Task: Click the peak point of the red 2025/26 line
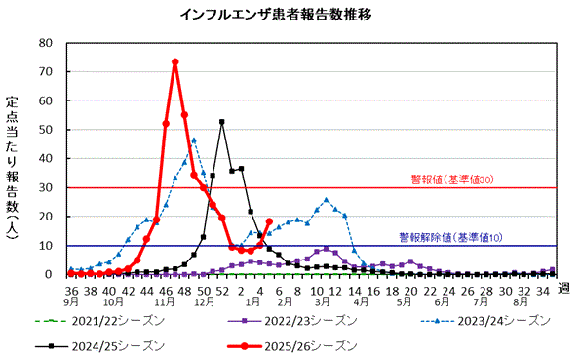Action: tap(174, 62)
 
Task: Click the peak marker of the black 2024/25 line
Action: tap(222, 122)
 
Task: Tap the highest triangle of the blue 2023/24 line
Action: tap(194, 140)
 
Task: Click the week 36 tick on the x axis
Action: tap(72, 290)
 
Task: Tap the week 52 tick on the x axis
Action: tap(222, 290)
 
